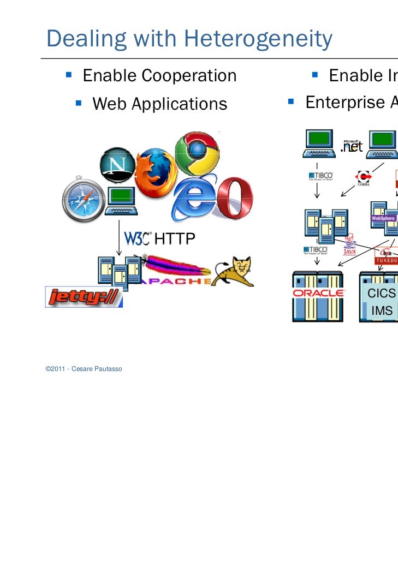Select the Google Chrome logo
click(197, 153)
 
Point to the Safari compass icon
click(82, 201)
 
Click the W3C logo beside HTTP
click(138, 238)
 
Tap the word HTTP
click(175, 238)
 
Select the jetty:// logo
click(84, 297)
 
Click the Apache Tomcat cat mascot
click(234, 271)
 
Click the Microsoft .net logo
click(351, 146)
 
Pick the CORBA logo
click(363, 178)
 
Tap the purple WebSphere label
click(383, 218)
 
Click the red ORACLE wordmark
click(318, 293)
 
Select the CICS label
click(381, 294)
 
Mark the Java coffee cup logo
click(350, 245)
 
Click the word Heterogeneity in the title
click(259, 39)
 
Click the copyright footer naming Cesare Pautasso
click(84, 369)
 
